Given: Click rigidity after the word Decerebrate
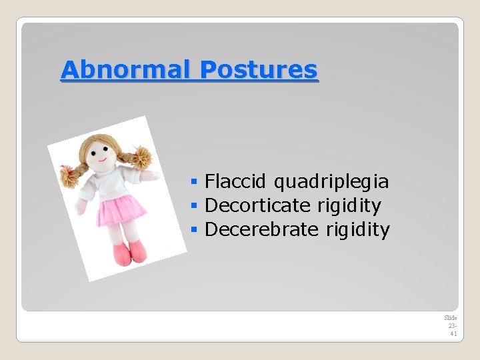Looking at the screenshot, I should tap(358, 229).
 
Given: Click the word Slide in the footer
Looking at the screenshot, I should tap(451, 318).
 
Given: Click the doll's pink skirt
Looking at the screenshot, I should tap(122, 211).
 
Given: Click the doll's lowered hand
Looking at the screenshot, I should tap(81, 207).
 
